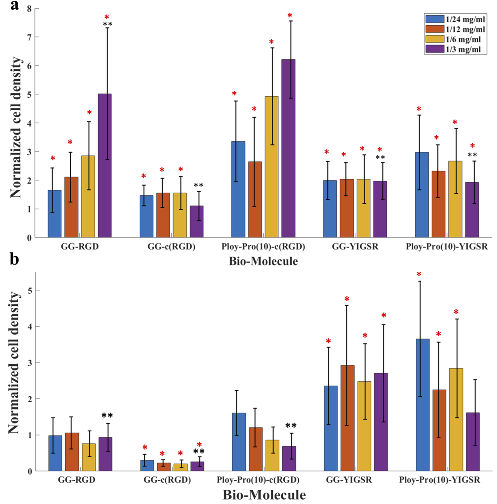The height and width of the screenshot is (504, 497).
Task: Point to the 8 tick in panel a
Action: click(29, 9)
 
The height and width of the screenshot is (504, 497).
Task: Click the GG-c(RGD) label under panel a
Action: click(171, 247)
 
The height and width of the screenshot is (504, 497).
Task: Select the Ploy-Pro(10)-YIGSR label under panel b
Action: click(439, 480)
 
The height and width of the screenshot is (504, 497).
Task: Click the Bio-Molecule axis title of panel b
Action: click(264, 495)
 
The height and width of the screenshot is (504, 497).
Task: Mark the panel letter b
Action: click(14, 259)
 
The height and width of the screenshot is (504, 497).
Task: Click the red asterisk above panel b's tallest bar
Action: click(419, 274)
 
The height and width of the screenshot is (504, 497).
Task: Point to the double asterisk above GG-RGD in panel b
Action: click(107, 416)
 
